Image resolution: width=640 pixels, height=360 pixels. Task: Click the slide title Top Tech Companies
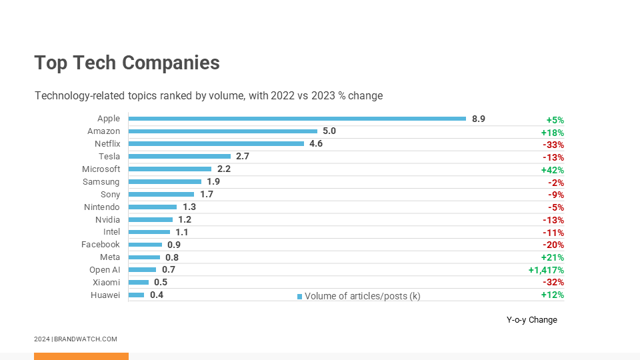127,63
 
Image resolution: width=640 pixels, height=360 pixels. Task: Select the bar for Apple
297,119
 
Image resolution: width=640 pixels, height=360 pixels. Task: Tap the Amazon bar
223,131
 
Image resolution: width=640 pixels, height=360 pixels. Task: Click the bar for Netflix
216,143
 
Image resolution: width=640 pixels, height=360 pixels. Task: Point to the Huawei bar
136,295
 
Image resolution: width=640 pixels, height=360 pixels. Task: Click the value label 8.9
478,119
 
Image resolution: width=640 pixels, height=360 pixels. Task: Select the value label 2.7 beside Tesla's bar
243,156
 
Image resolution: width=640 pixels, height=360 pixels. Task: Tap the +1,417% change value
545,270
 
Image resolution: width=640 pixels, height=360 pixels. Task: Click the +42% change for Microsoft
552,170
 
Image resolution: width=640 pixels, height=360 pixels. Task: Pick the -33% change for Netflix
553,145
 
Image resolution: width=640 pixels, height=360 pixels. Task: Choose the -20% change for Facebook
553,245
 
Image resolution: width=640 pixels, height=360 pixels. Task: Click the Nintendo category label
102,207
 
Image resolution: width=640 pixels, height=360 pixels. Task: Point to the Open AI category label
105,270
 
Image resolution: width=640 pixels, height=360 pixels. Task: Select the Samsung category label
101,181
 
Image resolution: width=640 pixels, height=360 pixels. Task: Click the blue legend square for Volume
299,296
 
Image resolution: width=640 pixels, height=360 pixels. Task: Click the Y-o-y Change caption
531,320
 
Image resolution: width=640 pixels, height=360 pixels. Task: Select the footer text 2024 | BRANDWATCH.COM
75,339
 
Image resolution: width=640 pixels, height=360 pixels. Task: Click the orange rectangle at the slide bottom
81,356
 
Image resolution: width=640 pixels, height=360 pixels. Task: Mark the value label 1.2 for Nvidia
185,219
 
